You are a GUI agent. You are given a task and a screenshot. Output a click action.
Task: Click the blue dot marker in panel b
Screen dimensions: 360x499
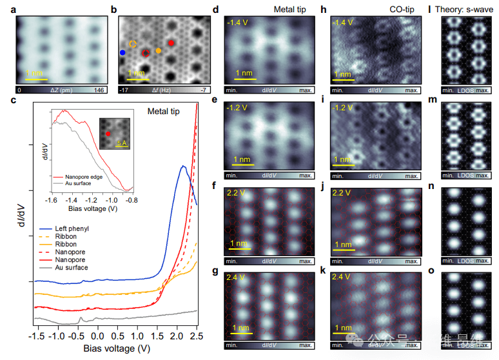pos(122,51)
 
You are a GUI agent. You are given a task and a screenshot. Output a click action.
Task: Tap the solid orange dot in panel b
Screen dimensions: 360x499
pos(159,50)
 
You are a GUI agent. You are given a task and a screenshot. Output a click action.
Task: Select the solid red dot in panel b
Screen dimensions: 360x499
pos(171,43)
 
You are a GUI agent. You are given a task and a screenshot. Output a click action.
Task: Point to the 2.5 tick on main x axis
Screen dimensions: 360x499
pos(197,337)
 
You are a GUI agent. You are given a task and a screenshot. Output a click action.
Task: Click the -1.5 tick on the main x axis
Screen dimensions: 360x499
pos(37,337)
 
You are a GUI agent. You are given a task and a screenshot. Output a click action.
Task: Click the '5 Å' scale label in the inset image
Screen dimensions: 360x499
pos(122,143)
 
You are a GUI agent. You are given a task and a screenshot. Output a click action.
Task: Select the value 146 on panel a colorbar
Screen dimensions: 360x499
pos(99,91)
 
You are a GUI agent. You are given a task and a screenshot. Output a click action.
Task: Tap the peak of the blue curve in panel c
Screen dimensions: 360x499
pos(183,166)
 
